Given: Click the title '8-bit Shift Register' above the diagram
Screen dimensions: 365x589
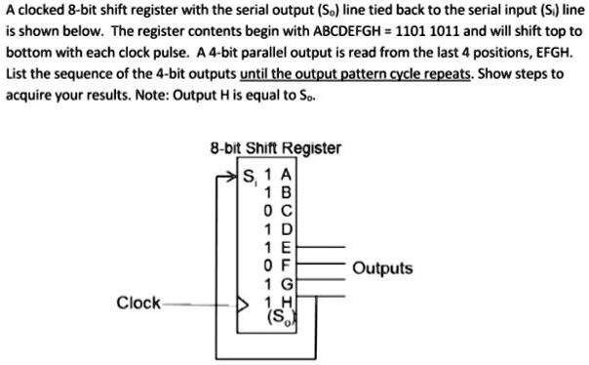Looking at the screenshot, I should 275,148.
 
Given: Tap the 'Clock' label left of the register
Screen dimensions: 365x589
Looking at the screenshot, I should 138,303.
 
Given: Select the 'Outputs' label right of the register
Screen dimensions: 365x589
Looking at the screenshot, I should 382,268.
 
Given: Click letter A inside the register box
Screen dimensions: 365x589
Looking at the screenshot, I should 285,176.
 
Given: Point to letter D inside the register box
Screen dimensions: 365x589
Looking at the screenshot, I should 285,230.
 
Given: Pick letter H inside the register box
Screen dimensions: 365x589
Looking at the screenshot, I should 285,302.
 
